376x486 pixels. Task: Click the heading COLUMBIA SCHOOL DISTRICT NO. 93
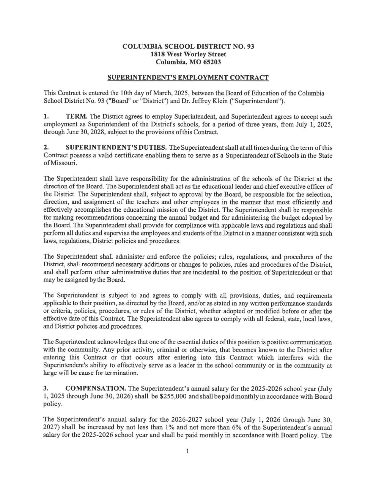(188, 47)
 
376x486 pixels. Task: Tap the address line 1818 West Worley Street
(188, 54)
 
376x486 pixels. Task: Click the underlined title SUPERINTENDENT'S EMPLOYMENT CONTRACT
(188, 78)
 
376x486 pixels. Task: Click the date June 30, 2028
(68, 132)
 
